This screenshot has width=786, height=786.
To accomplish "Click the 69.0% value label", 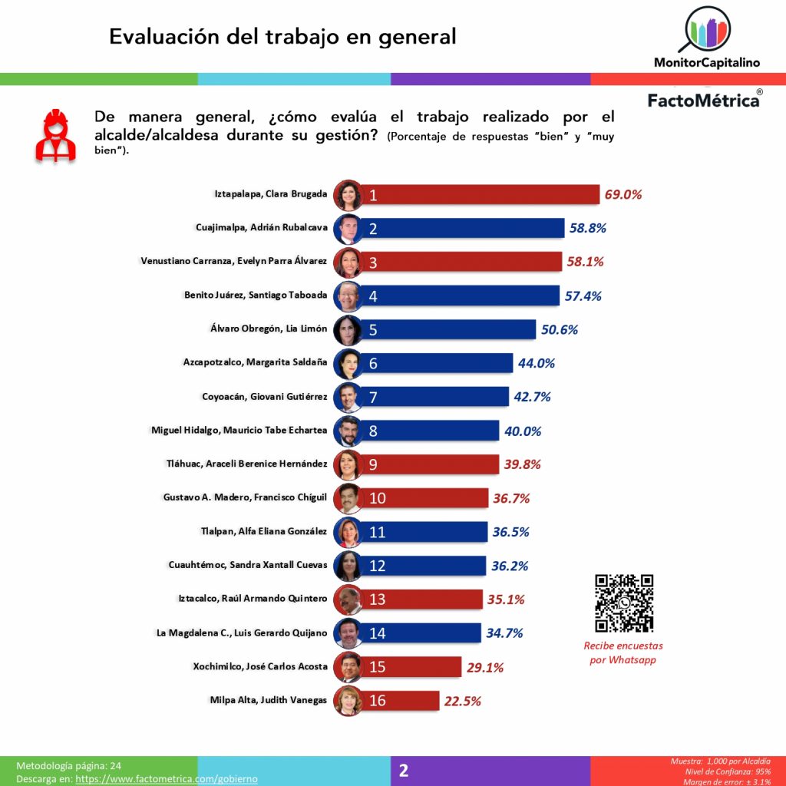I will coord(623,194).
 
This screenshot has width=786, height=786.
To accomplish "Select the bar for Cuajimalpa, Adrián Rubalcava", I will coord(461,228).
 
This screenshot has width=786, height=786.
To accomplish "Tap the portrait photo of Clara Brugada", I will coord(348,195).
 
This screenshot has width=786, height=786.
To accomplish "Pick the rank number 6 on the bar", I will coord(373,363).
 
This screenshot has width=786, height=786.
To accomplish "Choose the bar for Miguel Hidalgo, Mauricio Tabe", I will coord(430,431).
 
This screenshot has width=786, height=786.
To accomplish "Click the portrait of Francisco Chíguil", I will coord(348,498).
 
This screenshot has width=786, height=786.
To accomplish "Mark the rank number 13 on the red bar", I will coord(377,599).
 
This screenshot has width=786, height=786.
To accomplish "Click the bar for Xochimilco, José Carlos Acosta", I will coord(411,667).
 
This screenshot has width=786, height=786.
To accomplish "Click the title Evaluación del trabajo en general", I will coord(282,36).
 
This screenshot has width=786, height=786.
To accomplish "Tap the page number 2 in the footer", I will coord(404,770).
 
